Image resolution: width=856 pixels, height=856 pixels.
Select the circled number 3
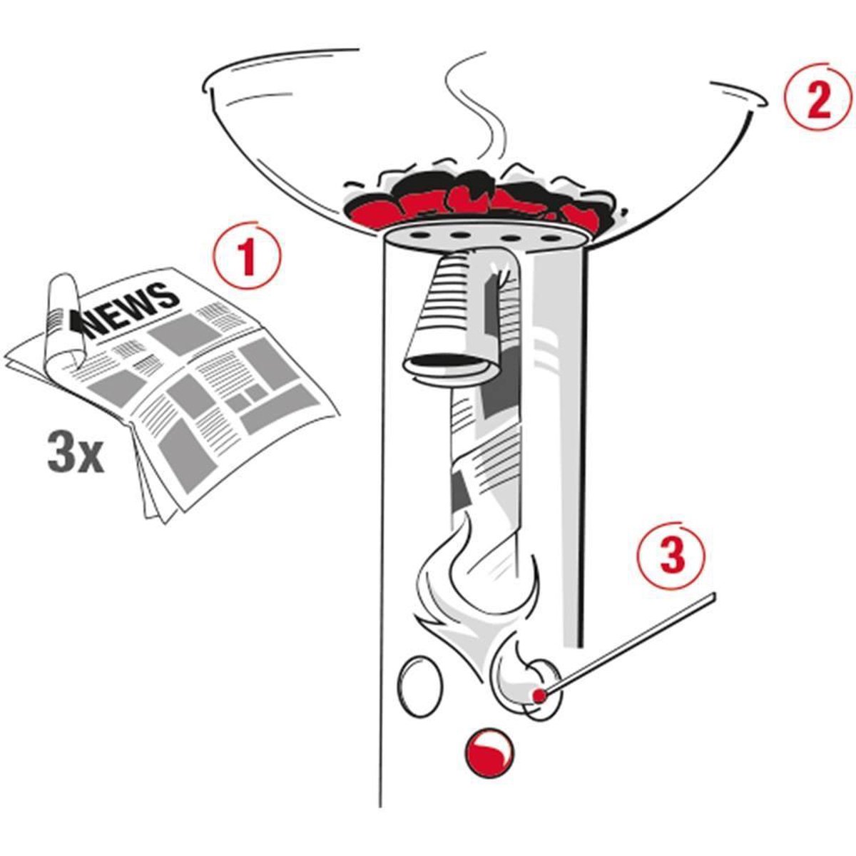[672, 556]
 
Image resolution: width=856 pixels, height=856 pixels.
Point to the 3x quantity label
[75, 454]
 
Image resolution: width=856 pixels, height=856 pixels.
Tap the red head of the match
[539, 694]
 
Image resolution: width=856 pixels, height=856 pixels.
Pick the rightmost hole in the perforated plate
[550, 238]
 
